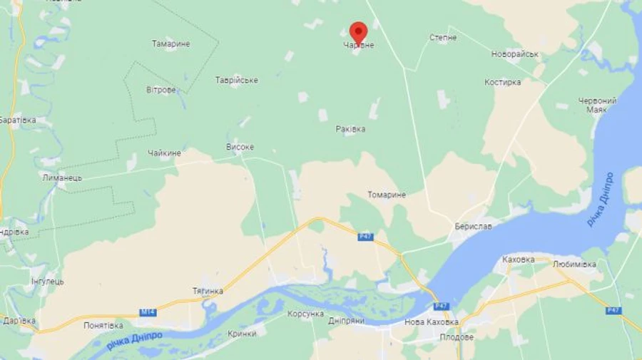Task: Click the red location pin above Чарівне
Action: click(358, 31)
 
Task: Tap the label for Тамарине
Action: click(171, 44)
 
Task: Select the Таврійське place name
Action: click(237, 81)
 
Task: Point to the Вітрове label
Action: click(161, 90)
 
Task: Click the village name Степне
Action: click(443, 37)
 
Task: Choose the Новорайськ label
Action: click(515, 54)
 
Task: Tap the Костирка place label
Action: click(503, 83)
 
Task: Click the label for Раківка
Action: click(350, 129)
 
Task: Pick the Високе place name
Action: click(240, 147)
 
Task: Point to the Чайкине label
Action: click(165, 153)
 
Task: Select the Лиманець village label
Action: click(62, 178)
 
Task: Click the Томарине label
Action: click(387, 195)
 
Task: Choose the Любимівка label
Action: click(574, 264)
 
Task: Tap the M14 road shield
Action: click(148, 312)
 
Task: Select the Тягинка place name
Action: click(208, 291)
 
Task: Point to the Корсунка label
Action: click(305, 314)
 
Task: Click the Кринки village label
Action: click(242, 334)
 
